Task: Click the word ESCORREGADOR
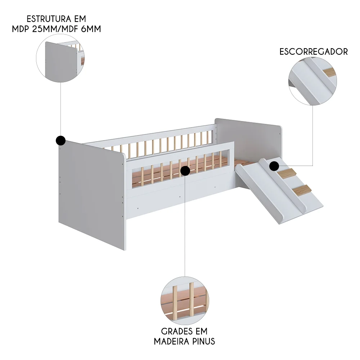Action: pyautogui.click(x=314, y=51)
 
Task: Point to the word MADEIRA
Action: pyautogui.click(x=169, y=341)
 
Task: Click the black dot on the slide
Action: pyautogui.click(x=274, y=166)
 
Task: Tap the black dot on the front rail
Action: pyautogui.click(x=185, y=171)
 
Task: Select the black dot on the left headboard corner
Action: pyautogui.click(x=60, y=140)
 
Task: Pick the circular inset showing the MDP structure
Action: pyautogui.click(x=60, y=58)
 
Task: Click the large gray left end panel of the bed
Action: pyautogui.click(x=90, y=194)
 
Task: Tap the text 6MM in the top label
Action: pyautogui.click(x=89, y=29)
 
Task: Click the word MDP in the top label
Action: pyautogui.click(x=20, y=29)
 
